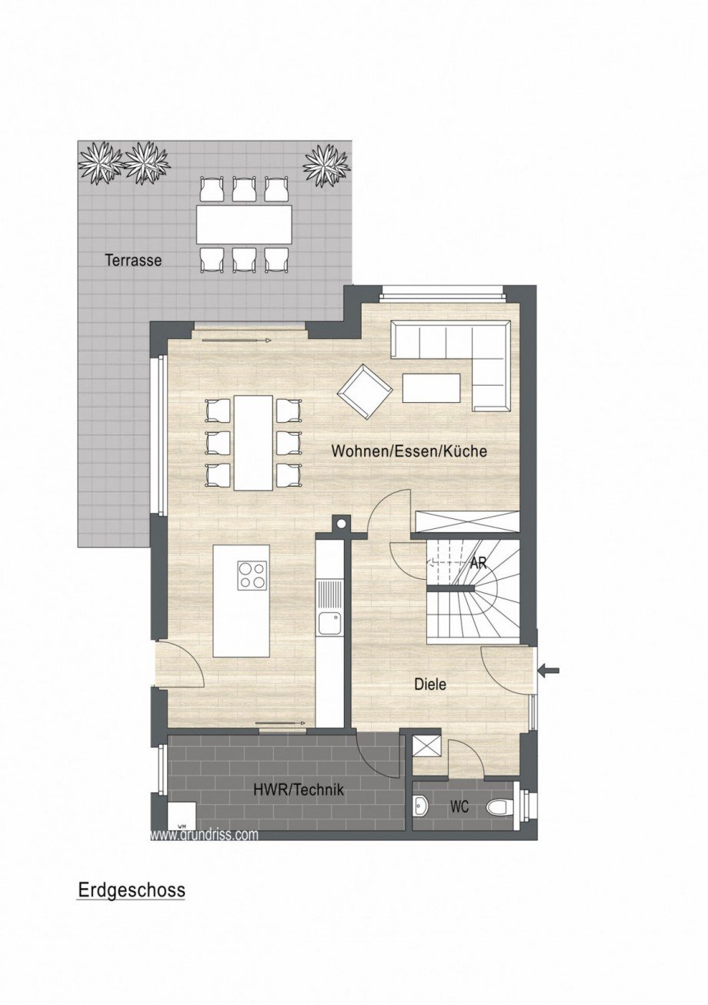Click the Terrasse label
click(x=133, y=260)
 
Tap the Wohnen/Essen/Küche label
click(x=409, y=451)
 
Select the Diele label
click(x=430, y=683)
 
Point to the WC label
click(x=460, y=807)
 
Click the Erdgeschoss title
click(x=132, y=890)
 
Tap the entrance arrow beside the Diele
click(x=549, y=671)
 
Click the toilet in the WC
click(x=499, y=807)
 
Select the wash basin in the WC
click(x=420, y=806)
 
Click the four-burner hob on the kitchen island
click(x=252, y=575)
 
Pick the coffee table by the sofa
click(x=431, y=387)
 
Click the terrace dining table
click(x=244, y=224)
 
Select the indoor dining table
click(x=253, y=443)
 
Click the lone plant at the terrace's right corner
click(x=326, y=164)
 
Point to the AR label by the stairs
click(x=479, y=563)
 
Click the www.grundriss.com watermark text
click(x=204, y=834)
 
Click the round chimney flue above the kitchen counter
click(x=340, y=524)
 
